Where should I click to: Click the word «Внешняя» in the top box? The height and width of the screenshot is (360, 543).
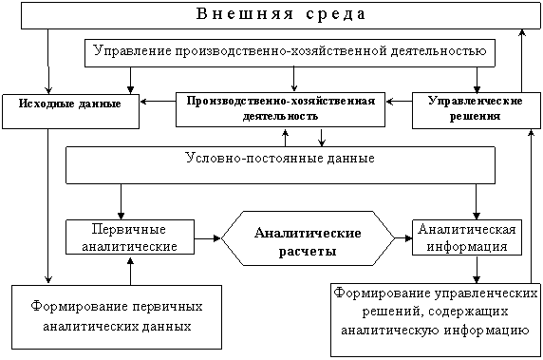pos(245,14)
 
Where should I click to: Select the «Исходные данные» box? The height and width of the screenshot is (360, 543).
pos(70,111)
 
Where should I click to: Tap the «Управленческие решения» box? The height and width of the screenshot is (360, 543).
pos(477,110)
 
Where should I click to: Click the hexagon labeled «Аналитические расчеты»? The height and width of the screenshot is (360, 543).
pos(308,238)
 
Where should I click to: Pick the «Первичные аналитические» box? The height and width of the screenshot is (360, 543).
pos(130,237)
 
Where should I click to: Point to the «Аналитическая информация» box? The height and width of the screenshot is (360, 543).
pos(467,237)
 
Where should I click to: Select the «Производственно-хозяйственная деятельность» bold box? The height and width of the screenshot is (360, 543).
pos(280,109)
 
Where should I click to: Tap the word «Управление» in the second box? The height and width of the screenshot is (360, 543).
pos(133,51)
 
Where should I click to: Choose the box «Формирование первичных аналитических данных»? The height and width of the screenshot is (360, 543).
pos(117,317)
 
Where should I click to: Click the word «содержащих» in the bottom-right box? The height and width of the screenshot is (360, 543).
pos(468,312)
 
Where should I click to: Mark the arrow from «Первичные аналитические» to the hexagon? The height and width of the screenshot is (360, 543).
pos(208,238)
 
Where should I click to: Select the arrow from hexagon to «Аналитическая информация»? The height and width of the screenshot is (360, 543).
pos(403,238)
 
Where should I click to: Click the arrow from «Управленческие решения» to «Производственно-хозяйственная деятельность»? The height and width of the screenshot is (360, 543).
pos(399,102)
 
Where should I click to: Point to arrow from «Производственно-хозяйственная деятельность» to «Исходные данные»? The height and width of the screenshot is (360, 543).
pos(158,102)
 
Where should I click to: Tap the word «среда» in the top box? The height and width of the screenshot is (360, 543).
pos(335,14)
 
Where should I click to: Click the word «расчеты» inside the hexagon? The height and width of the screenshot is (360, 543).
pos(308,251)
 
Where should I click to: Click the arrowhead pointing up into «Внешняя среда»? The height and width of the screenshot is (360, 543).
pos(522,32)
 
